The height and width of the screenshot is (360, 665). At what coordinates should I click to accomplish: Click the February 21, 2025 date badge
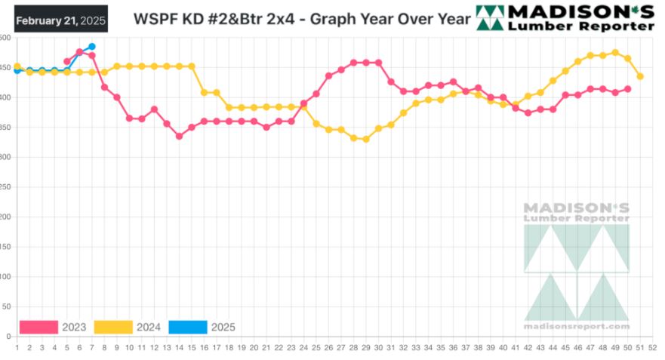[61, 19]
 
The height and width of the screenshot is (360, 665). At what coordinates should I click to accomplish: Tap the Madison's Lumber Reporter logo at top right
[565, 18]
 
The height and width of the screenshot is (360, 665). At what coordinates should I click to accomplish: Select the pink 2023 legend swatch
[38, 327]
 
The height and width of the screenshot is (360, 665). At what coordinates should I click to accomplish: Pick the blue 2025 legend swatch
[187, 327]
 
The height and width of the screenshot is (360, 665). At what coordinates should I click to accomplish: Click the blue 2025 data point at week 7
[91, 47]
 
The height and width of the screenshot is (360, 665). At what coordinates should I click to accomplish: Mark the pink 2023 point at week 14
[179, 136]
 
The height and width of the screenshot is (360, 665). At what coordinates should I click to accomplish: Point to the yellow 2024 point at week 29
[365, 139]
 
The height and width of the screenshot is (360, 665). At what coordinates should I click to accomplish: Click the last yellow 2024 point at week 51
[640, 76]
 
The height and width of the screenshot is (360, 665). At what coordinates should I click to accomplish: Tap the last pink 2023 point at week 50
[627, 89]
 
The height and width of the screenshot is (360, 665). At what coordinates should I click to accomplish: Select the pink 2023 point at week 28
[353, 63]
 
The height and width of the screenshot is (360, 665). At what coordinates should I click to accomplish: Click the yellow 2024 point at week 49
[615, 53]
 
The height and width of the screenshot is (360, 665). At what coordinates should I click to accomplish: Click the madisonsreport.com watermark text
[576, 326]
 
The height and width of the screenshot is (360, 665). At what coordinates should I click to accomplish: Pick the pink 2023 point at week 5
[67, 62]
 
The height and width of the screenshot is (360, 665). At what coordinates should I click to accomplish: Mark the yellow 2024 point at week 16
[204, 92]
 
